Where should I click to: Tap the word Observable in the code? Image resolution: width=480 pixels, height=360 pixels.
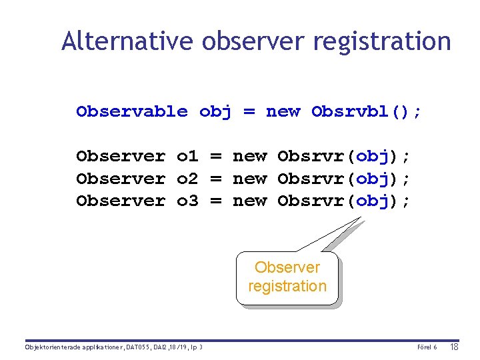coord(132,111)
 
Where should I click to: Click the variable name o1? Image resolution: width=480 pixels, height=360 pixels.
coord(187,156)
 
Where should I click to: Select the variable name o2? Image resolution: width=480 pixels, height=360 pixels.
coord(187,179)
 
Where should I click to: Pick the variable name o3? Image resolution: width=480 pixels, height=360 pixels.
coord(187,201)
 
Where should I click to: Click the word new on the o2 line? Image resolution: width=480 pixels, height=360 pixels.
coord(249,179)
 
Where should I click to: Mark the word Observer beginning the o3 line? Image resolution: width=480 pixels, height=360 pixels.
coord(121,201)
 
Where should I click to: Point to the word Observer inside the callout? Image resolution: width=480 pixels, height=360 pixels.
coord(287,267)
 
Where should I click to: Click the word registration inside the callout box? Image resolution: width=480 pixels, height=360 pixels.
coord(287,286)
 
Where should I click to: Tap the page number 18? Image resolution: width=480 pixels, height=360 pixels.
coord(455,347)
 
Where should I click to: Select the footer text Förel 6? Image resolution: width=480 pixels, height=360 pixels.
coord(427,347)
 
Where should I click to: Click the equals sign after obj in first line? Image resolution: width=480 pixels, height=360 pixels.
coord(249,111)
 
